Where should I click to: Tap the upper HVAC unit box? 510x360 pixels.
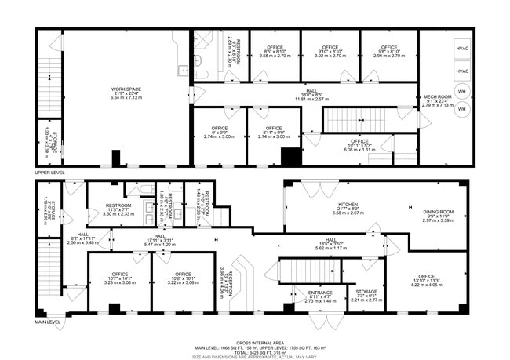coord(461,49)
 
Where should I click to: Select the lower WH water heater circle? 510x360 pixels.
coord(461,111)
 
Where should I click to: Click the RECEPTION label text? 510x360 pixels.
coord(227,278)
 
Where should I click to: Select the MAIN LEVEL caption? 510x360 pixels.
coord(48,321)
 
